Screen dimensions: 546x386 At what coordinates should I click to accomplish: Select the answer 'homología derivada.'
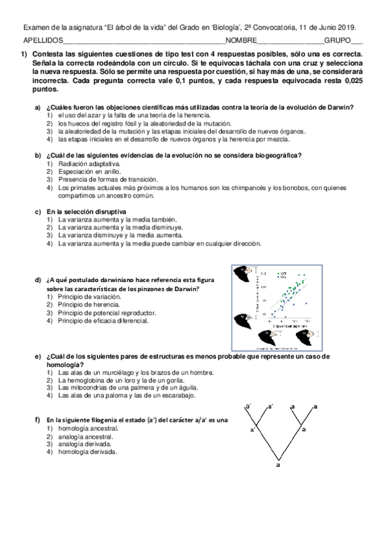[x=87, y=452]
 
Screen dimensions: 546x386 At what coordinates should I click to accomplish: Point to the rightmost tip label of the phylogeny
[x=314, y=406]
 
